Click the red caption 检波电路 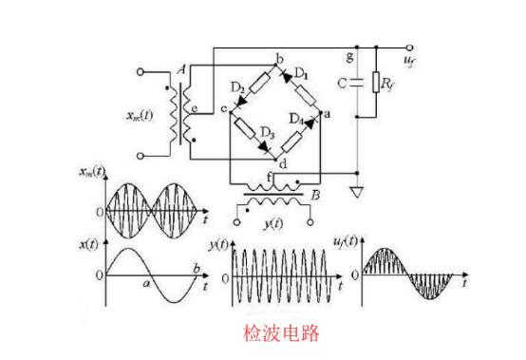tap(282, 332)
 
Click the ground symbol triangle tap(358, 193)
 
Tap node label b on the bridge tap(278, 60)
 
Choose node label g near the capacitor tap(351, 58)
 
